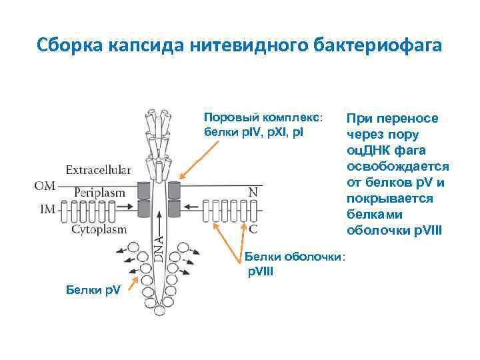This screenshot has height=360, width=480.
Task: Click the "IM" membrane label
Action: pyautogui.click(x=47, y=209)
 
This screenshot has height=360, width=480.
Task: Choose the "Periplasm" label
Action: pyautogui.click(x=99, y=192)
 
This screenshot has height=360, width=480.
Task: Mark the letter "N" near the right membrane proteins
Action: pyautogui.click(x=253, y=192)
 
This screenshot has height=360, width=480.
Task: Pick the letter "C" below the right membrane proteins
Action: pyautogui.click(x=253, y=229)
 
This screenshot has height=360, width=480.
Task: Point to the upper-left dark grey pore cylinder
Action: pyautogui.click(x=142, y=190)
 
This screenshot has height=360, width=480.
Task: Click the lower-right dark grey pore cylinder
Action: pyautogui.click(x=175, y=209)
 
